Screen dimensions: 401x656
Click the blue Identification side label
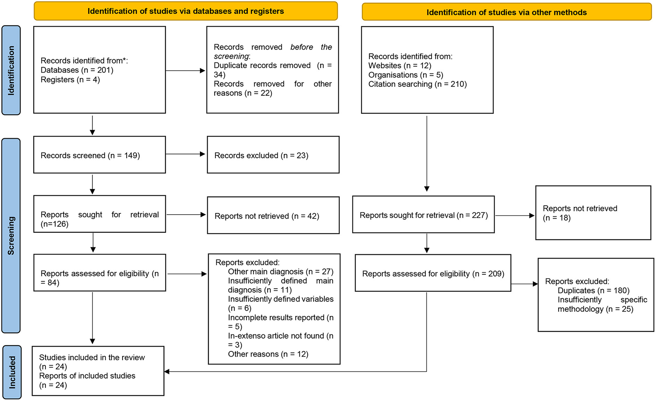(x=11, y=70)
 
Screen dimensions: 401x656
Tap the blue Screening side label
(x=11, y=235)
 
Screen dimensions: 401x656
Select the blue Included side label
(x=12, y=372)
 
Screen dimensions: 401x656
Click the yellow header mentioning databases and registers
(x=185, y=11)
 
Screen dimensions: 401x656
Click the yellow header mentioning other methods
(x=506, y=12)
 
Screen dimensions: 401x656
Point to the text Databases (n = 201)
(x=77, y=70)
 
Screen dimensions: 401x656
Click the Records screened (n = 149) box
(x=99, y=155)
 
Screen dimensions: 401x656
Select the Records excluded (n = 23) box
(x=273, y=155)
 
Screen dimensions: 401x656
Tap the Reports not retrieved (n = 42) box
(x=273, y=216)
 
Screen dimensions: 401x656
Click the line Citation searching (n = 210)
(x=417, y=84)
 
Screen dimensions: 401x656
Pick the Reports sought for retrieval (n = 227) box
(x=423, y=215)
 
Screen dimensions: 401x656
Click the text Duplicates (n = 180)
(x=593, y=290)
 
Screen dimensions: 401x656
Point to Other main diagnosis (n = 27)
(x=281, y=272)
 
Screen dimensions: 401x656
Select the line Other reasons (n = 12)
(x=268, y=354)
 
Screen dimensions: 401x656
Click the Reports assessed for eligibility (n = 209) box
(x=433, y=273)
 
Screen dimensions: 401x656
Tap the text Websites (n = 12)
(x=399, y=65)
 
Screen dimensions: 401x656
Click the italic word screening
(x=231, y=56)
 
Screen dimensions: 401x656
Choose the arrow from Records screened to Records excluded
(x=185, y=154)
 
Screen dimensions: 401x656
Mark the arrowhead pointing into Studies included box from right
(x=167, y=371)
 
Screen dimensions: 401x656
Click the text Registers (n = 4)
(x=70, y=80)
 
